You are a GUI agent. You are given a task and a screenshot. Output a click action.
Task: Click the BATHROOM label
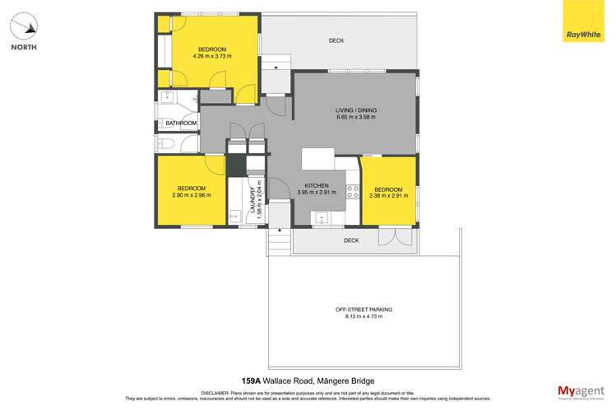pyautogui.click(x=181, y=124)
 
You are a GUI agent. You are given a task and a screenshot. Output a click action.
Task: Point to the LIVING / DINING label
pyautogui.click(x=355, y=110)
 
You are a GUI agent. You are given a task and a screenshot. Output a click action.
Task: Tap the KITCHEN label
pyautogui.click(x=317, y=185)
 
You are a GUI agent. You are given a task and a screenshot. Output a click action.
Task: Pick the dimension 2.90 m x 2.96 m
pyautogui.click(x=192, y=195)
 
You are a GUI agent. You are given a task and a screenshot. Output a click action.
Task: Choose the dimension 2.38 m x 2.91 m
pyautogui.click(x=387, y=195)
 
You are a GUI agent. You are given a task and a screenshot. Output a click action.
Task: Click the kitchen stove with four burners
pyautogui.click(x=353, y=191)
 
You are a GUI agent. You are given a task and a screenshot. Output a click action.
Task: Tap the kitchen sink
pyautogui.click(x=321, y=219)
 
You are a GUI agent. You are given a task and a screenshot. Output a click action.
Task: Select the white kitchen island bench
pyautogui.click(x=318, y=158)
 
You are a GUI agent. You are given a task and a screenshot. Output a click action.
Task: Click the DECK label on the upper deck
pyautogui.click(x=336, y=40)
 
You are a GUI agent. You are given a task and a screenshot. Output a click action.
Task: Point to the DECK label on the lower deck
pyautogui.click(x=351, y=241)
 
